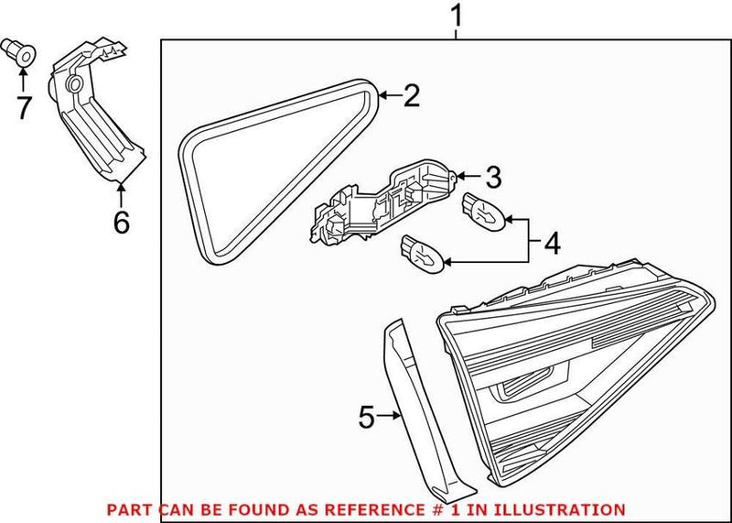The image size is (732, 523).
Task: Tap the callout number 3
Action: [x=493, y=175]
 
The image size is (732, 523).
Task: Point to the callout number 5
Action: [x=366, y=419]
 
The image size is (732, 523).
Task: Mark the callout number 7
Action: [x=24, y=108]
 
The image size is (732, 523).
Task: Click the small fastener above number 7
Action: [x=24, y=54]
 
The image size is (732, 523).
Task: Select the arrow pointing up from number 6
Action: [x=121, y=190]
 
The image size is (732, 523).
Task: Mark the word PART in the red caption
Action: [x=126, y=509]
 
